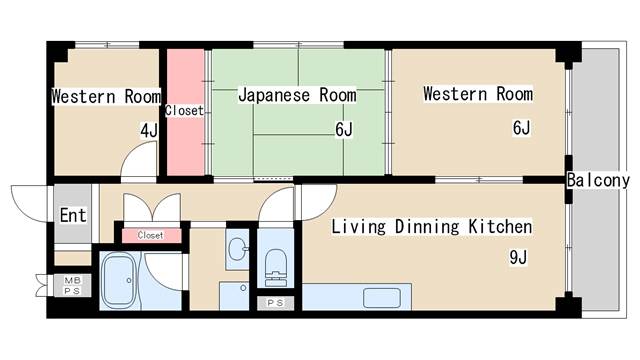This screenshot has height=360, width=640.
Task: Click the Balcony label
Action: coord(598,180)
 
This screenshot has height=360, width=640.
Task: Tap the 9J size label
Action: coord(518,257)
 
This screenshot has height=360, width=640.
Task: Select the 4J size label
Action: coord(149,131)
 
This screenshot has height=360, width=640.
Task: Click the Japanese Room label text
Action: coord(298,95)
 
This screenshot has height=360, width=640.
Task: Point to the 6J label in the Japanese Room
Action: coord(344,129)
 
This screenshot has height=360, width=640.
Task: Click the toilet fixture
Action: coord(276,267)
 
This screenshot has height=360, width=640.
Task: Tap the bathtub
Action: coord(119,280)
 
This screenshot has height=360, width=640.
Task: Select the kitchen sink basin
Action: coord(382,298)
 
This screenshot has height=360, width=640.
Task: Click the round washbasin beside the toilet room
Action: coord(237,249)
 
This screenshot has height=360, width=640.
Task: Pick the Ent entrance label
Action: coord(73,215)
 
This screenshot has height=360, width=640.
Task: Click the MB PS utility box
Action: coord(72,285)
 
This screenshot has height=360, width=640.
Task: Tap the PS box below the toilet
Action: coord(275,303)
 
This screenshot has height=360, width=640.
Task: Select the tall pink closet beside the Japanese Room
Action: coord(186,112)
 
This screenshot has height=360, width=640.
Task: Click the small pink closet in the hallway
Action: coord(151,236)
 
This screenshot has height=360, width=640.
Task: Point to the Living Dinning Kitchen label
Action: coord(431,227)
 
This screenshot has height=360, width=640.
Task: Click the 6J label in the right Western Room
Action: coord(521,128)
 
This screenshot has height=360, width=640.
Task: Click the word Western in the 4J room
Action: coord(84,97)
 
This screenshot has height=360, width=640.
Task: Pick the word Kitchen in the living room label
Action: coord(500,226)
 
